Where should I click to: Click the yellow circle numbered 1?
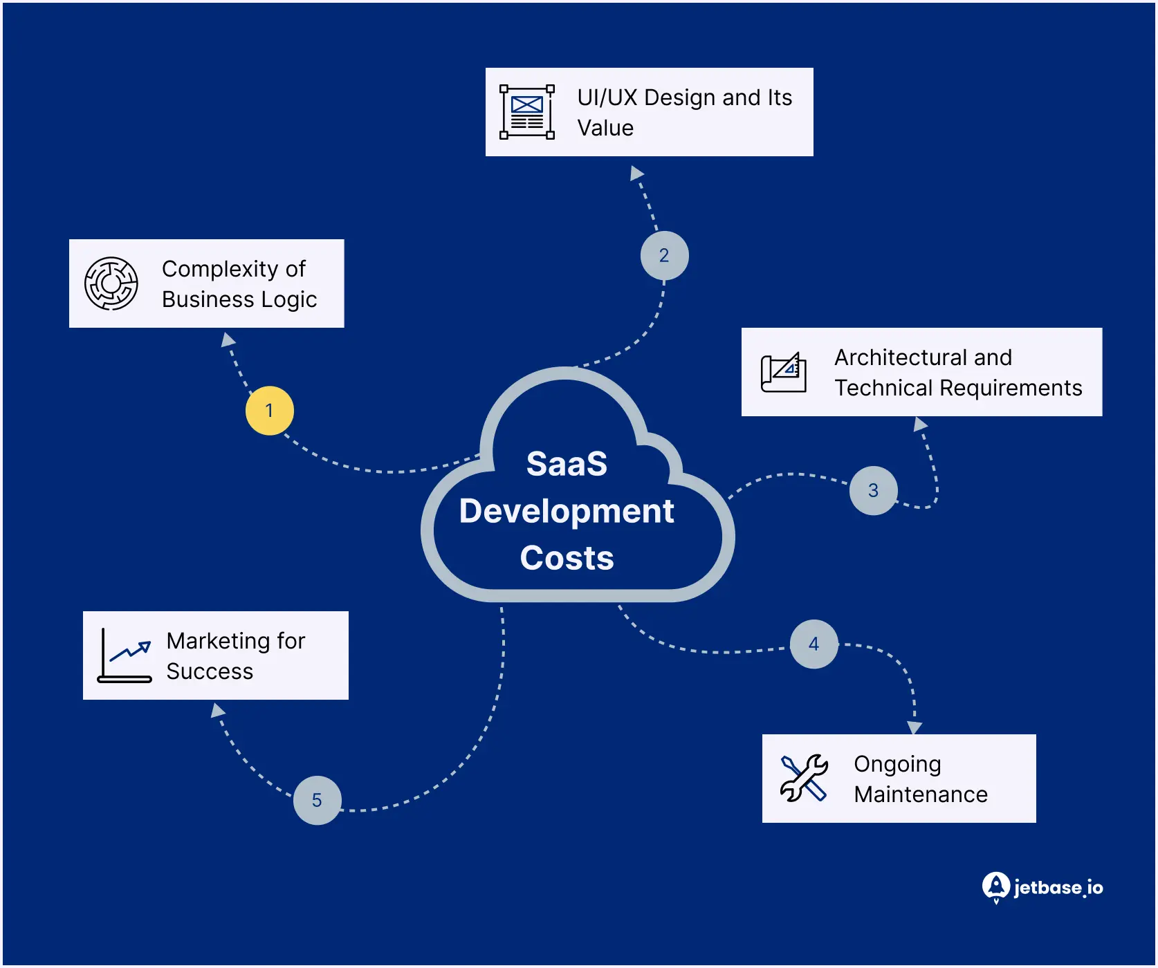point(269,411)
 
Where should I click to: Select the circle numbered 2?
point(664,256)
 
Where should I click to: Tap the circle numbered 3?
point(873,490)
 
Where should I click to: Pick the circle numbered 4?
point(814,644)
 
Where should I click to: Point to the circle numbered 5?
point(317,800)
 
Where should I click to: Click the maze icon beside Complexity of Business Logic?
point(111,283)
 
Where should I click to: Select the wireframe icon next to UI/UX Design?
point(527,112)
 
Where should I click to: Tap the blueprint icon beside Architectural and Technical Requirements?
point(784,373)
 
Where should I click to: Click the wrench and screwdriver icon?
point(804,779)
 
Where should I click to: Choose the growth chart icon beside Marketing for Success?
point(125,655)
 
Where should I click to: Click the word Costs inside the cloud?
point(567,558)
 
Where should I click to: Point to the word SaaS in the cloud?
point(567,464)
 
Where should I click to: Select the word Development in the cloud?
point(567,512)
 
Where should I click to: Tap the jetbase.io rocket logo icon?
point(995,886)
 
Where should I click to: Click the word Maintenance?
point(921,794)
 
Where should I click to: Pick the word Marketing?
point(217,641)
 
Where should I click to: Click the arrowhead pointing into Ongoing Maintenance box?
point(915,727)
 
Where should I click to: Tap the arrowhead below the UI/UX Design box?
point(636,173)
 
